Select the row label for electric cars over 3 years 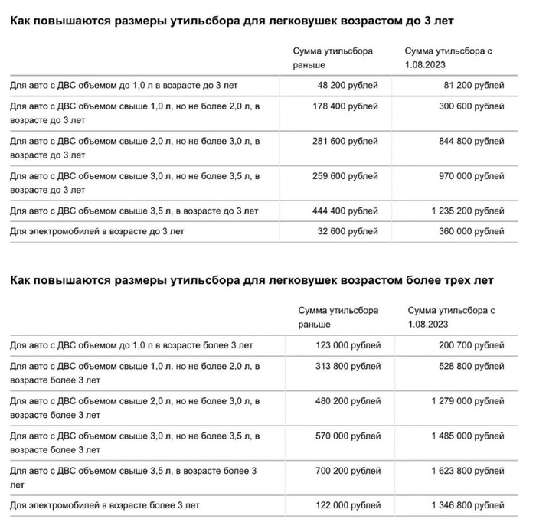point(104,505)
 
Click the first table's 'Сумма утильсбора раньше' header point(332,57)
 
